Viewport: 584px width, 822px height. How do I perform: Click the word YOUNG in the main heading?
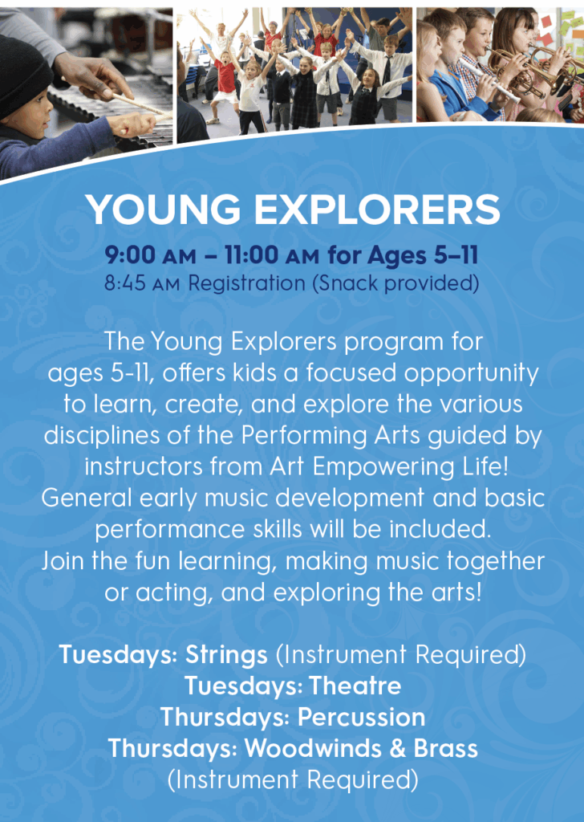[x=163, y=210]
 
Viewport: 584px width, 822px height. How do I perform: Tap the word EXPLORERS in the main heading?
[x=377, y=210]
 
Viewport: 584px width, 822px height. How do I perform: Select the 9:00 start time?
[x=130, y=255]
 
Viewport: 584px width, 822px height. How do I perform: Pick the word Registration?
[x=246, y=284]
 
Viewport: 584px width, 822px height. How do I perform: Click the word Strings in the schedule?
[x=226, y=655]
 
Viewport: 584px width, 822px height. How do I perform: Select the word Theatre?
[x=355, y=686]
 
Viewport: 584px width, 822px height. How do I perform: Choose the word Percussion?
[x=362, y=717]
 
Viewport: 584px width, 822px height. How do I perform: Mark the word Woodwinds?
[x=313, y=748]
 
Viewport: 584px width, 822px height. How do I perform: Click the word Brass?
[x=445, y=748]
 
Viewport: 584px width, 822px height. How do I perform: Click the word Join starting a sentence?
[x=63, y=561]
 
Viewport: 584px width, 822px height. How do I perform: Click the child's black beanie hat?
[x=22, y=73]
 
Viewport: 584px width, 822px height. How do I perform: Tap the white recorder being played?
[x=489, y=80]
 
